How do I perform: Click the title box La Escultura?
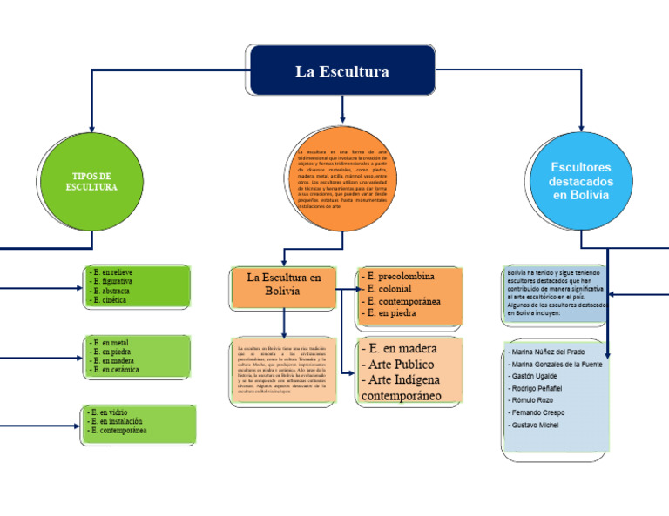[342, 70]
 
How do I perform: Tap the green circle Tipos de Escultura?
[91, 181]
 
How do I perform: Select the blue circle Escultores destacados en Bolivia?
[581, 181]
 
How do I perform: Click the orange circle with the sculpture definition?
[342, 179]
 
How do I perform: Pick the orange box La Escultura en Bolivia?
[284, 284]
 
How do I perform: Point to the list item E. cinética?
[109, 300]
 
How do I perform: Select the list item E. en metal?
[109, 343]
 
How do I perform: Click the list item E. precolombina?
[402, 277]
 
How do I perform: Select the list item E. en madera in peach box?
[400, 349]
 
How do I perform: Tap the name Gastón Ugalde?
[534, 376]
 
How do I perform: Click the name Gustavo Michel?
[535, 425]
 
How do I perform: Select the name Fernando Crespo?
[538, 412]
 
